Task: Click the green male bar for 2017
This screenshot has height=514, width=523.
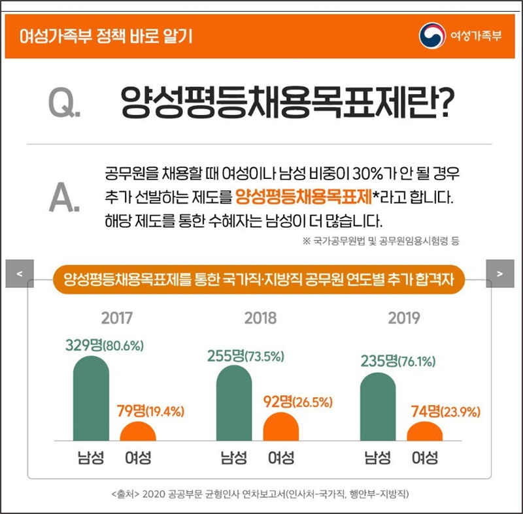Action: [x=91, y=399]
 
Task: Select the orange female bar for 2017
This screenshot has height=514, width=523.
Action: [x=138, y=432]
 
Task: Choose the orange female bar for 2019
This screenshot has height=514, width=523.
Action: [x=425, y=432]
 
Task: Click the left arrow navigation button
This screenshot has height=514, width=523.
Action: [x=19, y=273]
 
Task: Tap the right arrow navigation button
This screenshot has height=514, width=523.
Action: [x=500, y=273]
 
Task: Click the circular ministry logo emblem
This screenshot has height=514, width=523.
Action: [x=431, y=35]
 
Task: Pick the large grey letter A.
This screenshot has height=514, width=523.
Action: [x=64, y=198]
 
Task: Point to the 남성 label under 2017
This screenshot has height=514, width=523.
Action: [x=90, y=458]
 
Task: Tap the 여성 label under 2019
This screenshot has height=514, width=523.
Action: [x=425, y=458]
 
